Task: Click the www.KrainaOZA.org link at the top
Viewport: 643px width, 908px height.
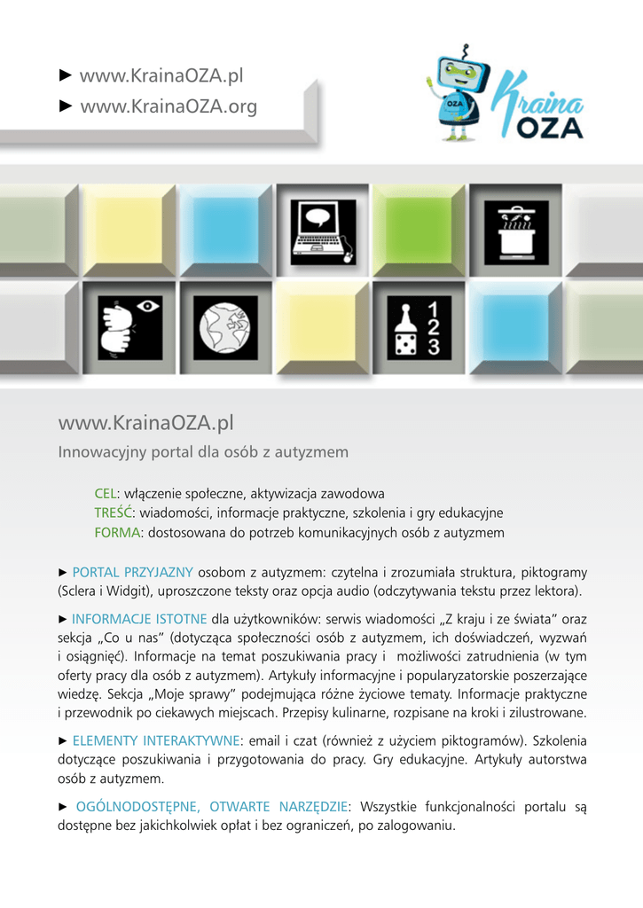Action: tap(168, 107)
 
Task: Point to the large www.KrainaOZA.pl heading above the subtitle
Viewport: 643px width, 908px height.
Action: tap(145, 421)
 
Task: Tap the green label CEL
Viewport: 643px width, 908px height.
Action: tap(106, 493)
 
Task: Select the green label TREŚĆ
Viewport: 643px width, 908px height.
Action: tap(113, 513)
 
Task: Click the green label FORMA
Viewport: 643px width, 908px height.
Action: tap(118, 533)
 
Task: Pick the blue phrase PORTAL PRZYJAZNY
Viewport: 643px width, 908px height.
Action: tap(132, 572)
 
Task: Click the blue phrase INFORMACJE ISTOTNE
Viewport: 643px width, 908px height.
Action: tap(139, 619)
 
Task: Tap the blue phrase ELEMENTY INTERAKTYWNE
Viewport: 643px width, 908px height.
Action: tap(155, 740)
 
